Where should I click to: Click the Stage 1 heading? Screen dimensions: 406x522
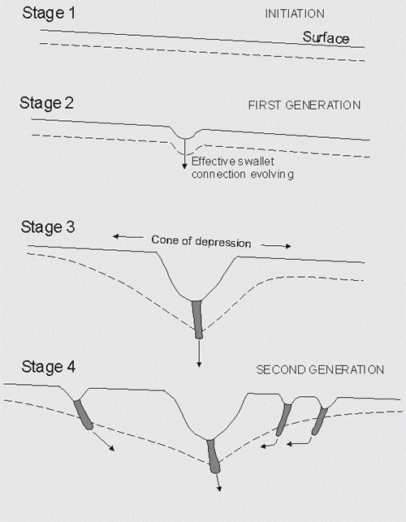point(49,14)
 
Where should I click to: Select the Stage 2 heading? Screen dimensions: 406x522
point(46,103)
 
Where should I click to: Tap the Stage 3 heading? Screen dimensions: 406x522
point(48,227)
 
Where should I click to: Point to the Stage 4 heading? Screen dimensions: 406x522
point(48,367)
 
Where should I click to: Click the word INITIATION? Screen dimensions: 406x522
point(295,14)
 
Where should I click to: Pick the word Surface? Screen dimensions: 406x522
point(326,37)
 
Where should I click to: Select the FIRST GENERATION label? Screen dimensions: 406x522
point(304,106)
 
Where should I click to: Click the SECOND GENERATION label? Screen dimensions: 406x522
point(320,370)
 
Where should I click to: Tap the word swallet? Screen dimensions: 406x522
point(257,162)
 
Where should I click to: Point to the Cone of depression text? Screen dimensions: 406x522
point(201,241)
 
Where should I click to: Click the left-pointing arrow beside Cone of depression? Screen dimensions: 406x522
point(128,237)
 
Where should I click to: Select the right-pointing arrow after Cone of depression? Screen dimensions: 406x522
point(276,246)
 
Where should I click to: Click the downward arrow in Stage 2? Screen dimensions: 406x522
point(184,153)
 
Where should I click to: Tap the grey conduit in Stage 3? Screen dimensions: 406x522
point(197,320)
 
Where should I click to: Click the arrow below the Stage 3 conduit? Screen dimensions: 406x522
point(199,353)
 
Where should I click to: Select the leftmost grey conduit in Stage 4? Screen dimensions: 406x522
point(84,415)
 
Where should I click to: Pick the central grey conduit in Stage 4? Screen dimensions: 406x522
point(214,456)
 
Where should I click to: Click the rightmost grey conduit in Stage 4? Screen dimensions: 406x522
point(319,421)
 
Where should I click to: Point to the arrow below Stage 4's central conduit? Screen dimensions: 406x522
point(218,482)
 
